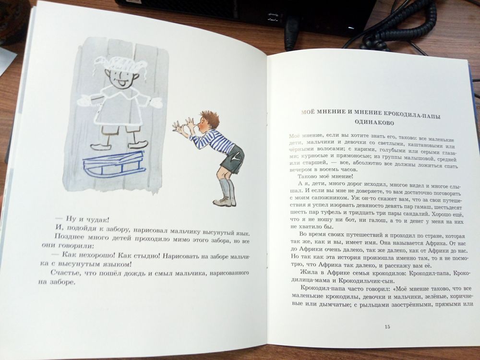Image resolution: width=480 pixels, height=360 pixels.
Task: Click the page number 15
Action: click(x=387, y=327)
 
